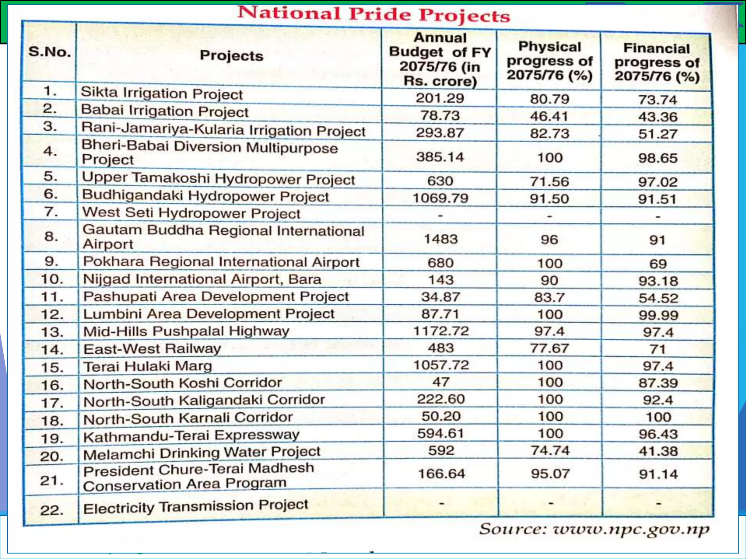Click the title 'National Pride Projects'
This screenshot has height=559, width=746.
[x=374, y=15]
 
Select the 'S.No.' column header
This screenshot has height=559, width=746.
[x=50, y=52]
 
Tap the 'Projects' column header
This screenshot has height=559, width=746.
[x=231, y=56]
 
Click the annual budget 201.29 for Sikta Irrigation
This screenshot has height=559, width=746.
[x=440, y=98]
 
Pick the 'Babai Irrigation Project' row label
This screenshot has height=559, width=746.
[x=165, y=111]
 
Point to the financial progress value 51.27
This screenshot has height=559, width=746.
[x=657, y=134]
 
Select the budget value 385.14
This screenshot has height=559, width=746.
[x=440, y=157]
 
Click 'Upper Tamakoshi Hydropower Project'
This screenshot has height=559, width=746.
[x=218, y=179]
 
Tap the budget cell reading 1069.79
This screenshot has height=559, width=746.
[x=440, y=198]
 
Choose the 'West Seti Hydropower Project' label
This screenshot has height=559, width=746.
[x=192, y=213]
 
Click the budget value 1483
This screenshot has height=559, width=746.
[x=441, y=239]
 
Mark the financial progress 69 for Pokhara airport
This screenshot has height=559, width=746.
[x=658, y=263]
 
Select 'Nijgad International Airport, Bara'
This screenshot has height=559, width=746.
[x=202, y=279]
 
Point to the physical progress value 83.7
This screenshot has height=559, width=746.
[x=550, y=297]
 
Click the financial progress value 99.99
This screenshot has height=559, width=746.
[x=658, y=315]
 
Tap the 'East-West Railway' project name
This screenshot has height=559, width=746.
[x=152, y=349]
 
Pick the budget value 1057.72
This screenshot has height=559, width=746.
[x=441, y=365]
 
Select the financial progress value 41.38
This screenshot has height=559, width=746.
[x=658, y=451]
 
